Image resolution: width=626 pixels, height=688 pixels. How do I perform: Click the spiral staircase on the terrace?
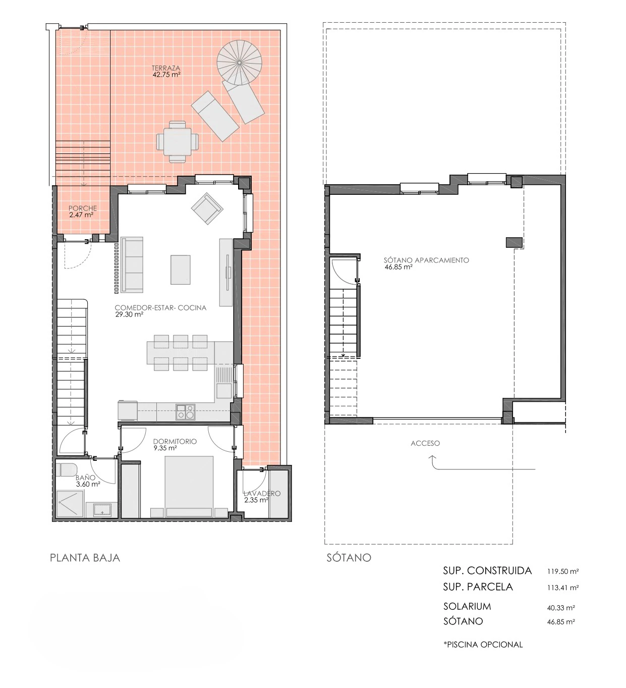[x=239, y=63]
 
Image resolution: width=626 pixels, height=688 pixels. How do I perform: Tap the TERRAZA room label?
[x=166, y=68]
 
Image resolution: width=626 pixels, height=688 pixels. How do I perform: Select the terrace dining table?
[x=177, y=142]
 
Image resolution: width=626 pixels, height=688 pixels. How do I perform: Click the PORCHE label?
[x=83, y=208]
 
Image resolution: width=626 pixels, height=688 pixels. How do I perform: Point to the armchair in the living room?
[x=207, y=208]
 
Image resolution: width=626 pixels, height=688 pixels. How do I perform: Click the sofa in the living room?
[x=132, y=264]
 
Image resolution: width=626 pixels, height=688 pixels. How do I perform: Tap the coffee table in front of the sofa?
[x=180, y=270]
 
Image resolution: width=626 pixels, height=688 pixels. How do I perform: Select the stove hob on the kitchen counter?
[x=186, y=411]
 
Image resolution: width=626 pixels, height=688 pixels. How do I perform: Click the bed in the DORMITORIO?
[x=189, y=486]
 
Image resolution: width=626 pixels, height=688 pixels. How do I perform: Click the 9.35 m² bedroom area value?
[x=165, y=448]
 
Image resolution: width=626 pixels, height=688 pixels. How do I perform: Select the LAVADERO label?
[x=262, y=494]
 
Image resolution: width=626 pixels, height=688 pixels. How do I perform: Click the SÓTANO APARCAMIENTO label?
[x=426, y=260]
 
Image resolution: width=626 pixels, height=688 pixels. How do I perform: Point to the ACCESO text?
[x=425, y=443]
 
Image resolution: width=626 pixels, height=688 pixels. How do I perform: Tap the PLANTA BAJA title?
[x=85, y=558]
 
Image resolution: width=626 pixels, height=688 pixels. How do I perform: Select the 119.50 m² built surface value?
[x=563, y=571]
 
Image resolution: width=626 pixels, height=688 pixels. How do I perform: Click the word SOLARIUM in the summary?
[x=467, y=606]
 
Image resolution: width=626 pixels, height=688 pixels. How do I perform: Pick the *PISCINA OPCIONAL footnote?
[x=483, y=645]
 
